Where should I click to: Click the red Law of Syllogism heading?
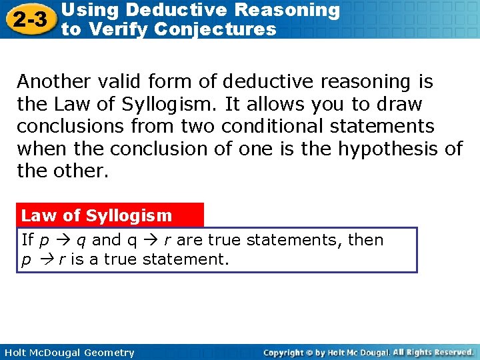coord(97,215)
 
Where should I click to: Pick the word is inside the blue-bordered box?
coord(78,259)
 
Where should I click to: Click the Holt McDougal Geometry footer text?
coord(68,353)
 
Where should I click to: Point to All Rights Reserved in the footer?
coord(433,353)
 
